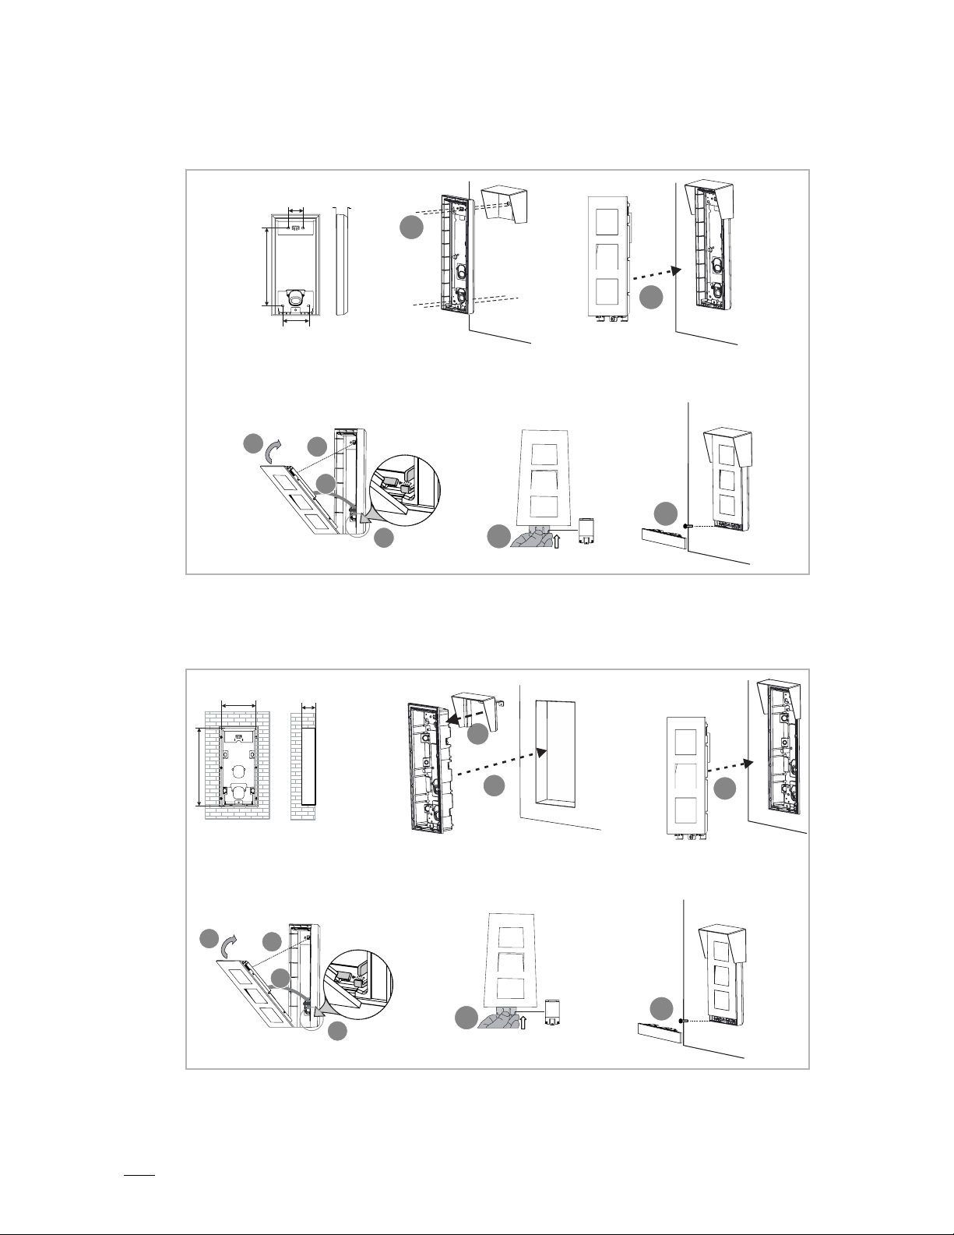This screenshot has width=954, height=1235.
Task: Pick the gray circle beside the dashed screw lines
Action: coord(412,228)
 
